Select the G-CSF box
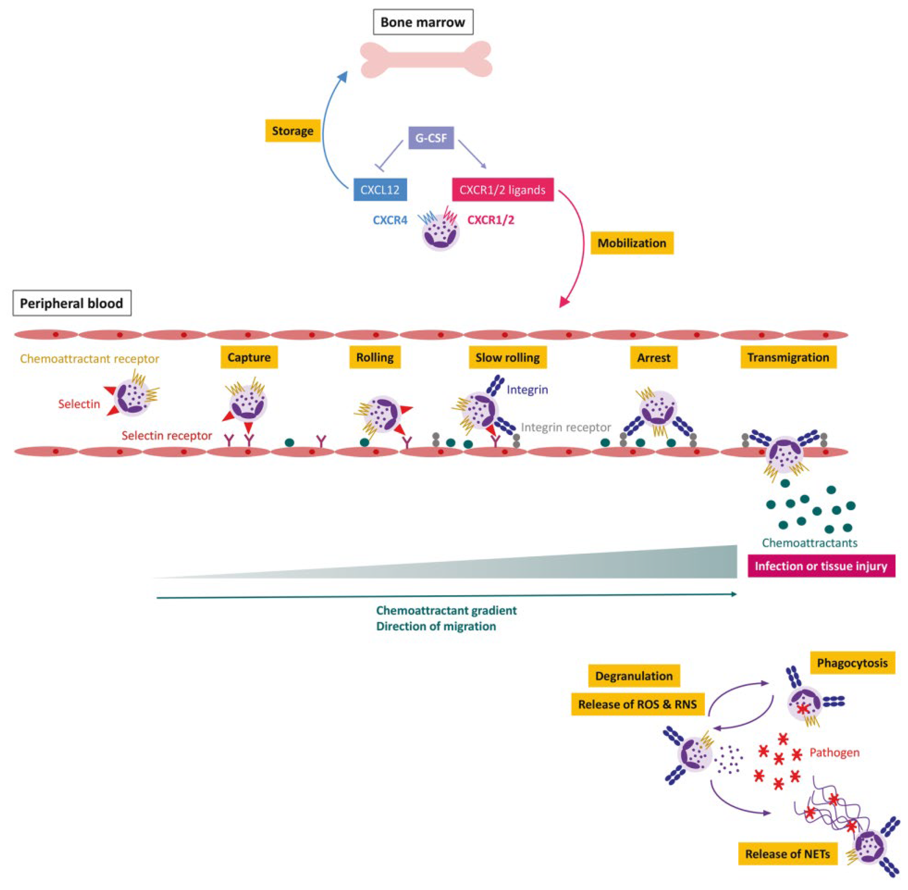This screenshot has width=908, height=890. point(431,138)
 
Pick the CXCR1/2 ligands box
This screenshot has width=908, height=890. point(502,190)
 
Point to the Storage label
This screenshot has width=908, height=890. point(293,131)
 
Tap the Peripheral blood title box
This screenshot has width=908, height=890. point(71,303)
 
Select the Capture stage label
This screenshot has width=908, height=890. point(249,358)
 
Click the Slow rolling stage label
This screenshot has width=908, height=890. point(507,358)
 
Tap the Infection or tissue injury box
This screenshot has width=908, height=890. point(821,566)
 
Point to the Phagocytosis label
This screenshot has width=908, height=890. point(852,663)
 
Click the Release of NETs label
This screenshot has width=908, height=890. point(787,854)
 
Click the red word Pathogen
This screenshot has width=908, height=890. point(834,753)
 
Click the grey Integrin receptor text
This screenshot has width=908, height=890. point(566,427)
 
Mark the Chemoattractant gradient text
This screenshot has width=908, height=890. point(446,610)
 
